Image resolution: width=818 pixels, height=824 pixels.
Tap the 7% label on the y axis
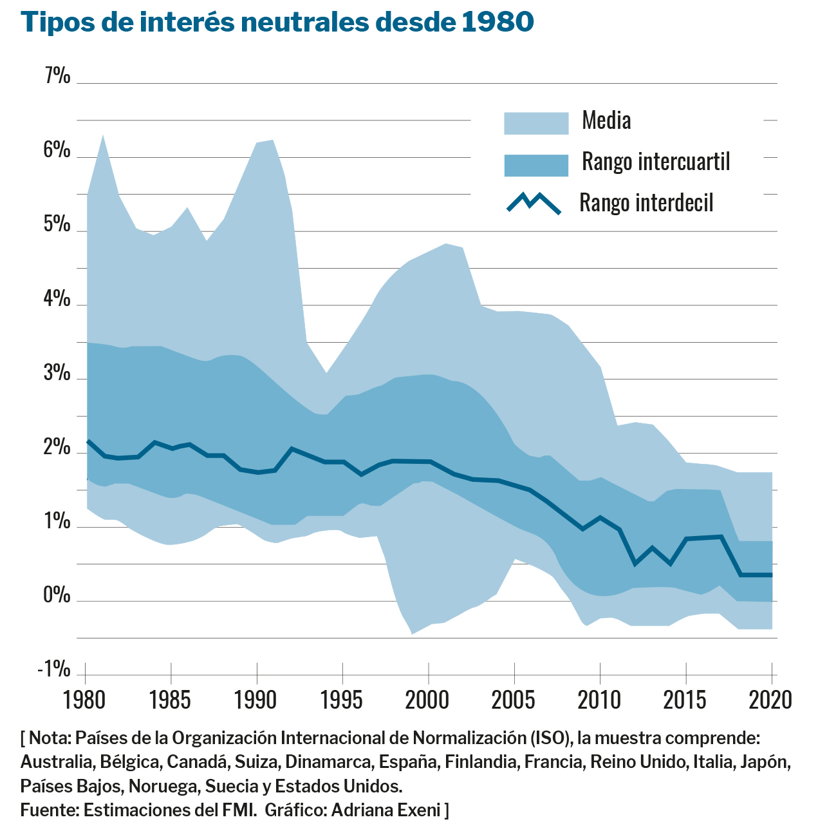pyautogui.click(x=57, y=76)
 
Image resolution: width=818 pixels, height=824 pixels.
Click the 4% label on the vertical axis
pyautogui.click(x=57, y=298)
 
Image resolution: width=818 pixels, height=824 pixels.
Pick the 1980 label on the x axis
pyautogui.click(x=85, y=700)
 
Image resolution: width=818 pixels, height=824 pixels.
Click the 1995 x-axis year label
pyautogui.click(x=342, y=700)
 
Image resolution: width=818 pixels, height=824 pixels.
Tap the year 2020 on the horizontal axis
pyautogui.click(x=771, y=700)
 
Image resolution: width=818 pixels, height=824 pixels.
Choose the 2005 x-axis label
pyautogui.click(x=514, y=700)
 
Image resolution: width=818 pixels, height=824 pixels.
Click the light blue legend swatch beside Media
pyautogui.click(x=536, y=123)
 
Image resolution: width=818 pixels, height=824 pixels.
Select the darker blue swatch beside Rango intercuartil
pyautogui.click(x=536, y=165)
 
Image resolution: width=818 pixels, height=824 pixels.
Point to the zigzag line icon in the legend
pyautogui.click(x=534, y=203)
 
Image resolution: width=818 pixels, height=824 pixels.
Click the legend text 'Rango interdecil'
pyautogui.click(x=646, y=203)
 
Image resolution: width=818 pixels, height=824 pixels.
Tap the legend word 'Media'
pyautogui.click(x=606, y=120)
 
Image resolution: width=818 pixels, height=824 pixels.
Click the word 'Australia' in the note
pyautogui.click(x=57, y=762)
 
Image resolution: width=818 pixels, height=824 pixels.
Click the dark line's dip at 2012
pyautogui.click(x=635, y=564)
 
